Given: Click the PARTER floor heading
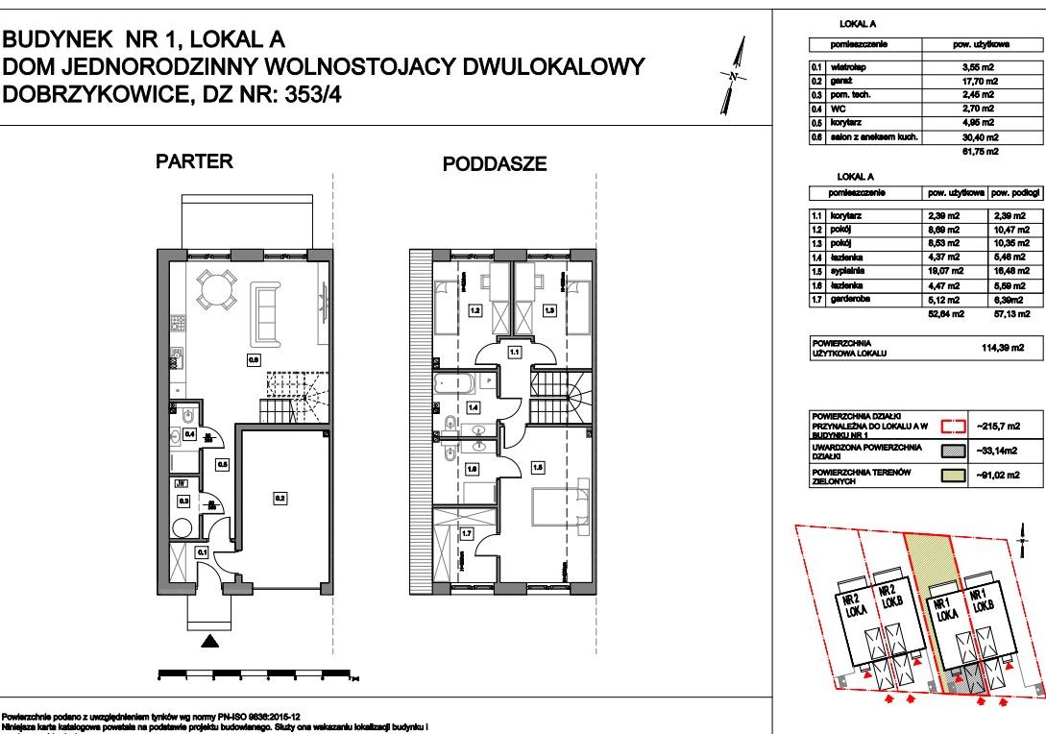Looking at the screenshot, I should (194, 161).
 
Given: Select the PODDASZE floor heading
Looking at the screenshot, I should (494, 164).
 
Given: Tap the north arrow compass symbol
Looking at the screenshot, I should (734, 76).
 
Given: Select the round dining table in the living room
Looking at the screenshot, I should (217, 288).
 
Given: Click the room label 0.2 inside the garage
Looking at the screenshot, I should (280, 499).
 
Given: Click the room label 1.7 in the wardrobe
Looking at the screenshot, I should (467, 535).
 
